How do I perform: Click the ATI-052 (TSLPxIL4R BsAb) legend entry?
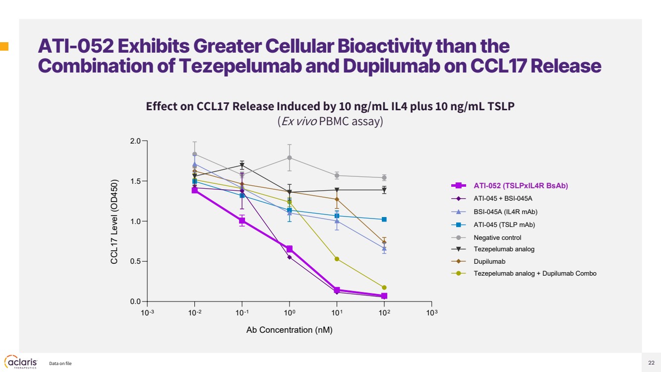(x=520, y=186)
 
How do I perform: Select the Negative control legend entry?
(x=497, y=237)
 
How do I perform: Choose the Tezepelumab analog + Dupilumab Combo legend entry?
(x=535, y=273)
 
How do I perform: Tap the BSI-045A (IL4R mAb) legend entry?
(x=505, y=212)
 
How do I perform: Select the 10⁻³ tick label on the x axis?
(x=147, y=313)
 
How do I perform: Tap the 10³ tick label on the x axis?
(x=432, y=313)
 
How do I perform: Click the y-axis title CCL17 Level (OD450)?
(x=115, y=221)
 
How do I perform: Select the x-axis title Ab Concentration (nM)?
(x=289, y=330)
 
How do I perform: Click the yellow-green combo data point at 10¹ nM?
(x=337, y=259)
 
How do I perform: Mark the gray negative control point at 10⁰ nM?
(x=290, y=158)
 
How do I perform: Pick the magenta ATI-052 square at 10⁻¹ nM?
(x=242, y=221)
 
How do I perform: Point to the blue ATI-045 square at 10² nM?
(x=384, y=219)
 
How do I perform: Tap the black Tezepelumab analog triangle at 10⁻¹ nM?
(x=242, y=165)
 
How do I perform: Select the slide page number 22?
(x=651, y=363)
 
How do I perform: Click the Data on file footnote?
(x=60, y=364)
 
